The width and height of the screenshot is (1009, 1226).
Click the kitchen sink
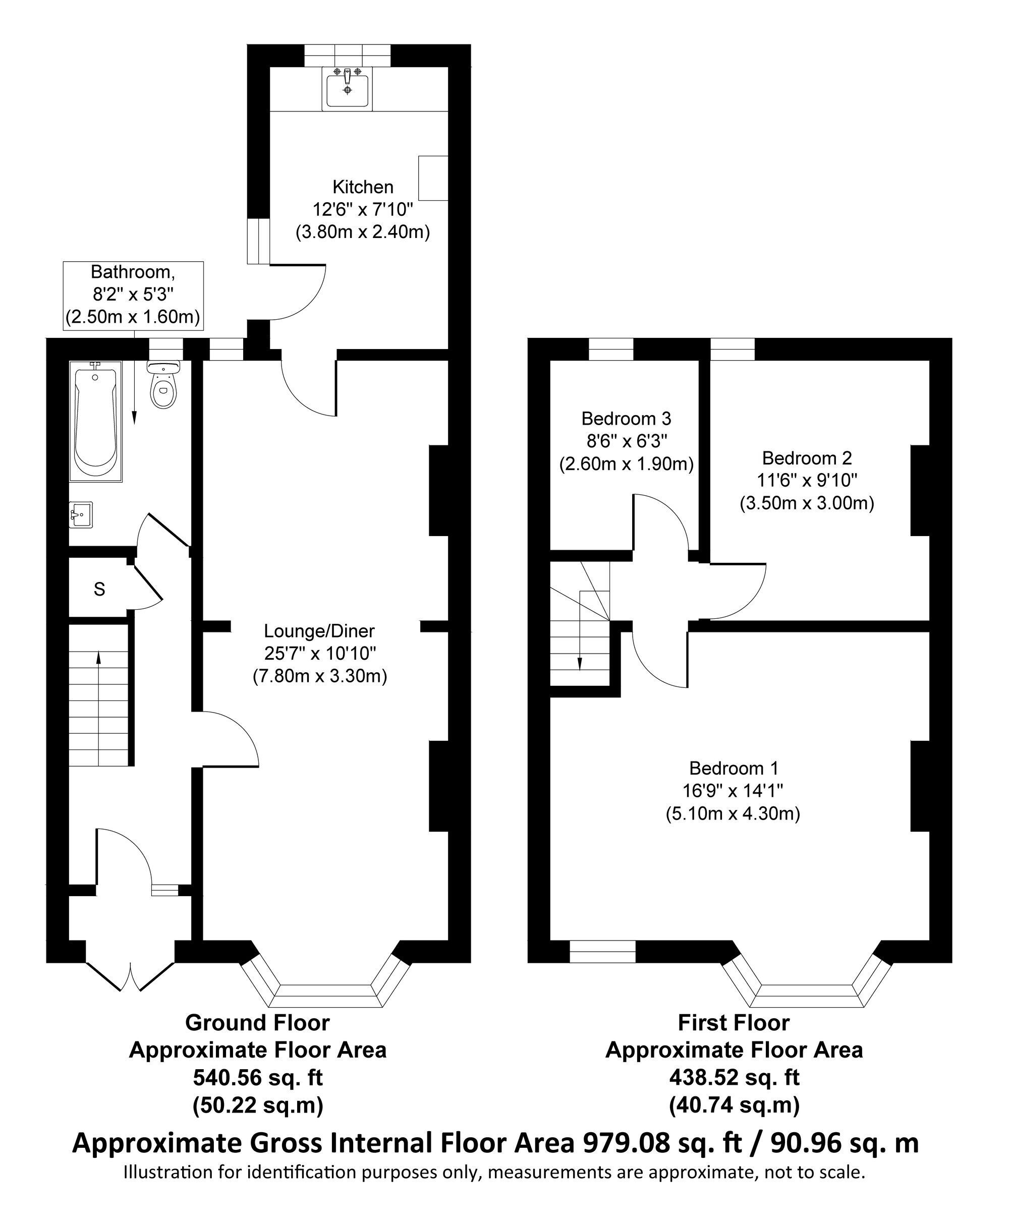coord(348,87)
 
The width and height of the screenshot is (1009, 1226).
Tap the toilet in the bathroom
coord(163,384)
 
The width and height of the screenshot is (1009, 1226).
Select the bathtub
coord(95,421)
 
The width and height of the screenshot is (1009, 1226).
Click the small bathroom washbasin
coord(81,515)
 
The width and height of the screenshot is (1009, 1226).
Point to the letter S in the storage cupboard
coord(99,589)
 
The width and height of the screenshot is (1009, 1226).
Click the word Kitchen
coord(363,187)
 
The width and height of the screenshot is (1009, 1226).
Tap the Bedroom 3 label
coord(626,419)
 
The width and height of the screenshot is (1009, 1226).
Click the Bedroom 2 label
coord(807,458)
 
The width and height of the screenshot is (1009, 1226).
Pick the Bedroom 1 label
coord(734,768)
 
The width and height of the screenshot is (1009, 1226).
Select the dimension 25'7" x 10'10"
coord(320,654)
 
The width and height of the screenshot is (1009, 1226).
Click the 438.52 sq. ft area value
coord(734,1078)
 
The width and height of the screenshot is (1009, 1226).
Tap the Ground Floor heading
coord(257,1023)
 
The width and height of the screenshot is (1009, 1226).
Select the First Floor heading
coord(734,1023)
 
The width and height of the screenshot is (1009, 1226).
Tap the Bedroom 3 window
coord(611,349)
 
